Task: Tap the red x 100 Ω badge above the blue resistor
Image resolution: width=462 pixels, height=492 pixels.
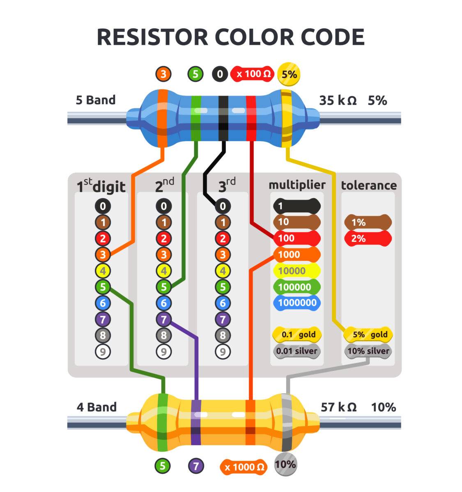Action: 252,74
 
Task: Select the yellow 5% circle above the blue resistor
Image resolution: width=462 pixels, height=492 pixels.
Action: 289,74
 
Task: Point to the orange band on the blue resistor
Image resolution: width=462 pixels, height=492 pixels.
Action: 163,118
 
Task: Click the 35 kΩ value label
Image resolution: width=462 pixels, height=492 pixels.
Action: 338,101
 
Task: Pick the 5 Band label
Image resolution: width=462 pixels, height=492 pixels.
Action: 96,100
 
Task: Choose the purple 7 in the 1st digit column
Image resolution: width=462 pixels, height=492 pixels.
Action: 103,319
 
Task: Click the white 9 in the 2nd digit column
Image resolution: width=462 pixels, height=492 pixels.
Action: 163,352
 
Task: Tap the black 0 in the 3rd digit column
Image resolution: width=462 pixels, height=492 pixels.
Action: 223,206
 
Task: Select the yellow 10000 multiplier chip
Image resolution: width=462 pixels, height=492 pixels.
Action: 296,271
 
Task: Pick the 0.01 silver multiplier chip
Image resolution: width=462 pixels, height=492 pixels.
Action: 297,351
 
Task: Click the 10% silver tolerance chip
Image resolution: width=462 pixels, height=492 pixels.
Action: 368,351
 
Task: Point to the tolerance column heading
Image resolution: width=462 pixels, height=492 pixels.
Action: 369,185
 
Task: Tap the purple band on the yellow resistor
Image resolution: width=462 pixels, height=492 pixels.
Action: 196,423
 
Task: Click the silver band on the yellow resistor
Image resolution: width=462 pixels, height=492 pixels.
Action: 287,423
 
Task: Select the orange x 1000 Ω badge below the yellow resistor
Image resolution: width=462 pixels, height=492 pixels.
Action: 244,467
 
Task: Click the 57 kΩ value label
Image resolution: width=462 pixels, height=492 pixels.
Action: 338,407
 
